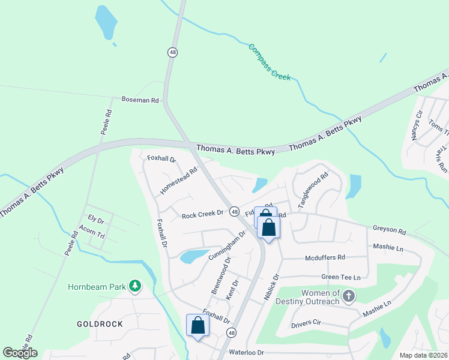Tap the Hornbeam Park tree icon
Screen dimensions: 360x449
[136, 286]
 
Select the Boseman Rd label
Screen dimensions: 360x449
[140, 100]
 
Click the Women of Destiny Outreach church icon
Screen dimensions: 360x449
[349, 295]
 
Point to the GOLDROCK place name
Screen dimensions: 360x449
[100, 324]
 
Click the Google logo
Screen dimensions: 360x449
[20, 353]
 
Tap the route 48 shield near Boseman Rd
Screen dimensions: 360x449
[173, 52]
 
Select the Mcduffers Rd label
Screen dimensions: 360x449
[325, 257]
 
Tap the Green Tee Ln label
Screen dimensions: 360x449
[341, 277]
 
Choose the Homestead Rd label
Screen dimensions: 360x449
[179, 181]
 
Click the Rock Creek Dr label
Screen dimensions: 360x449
[202, 213]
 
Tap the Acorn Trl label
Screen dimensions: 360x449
[92, 232]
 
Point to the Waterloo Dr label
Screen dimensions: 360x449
[247, 353]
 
